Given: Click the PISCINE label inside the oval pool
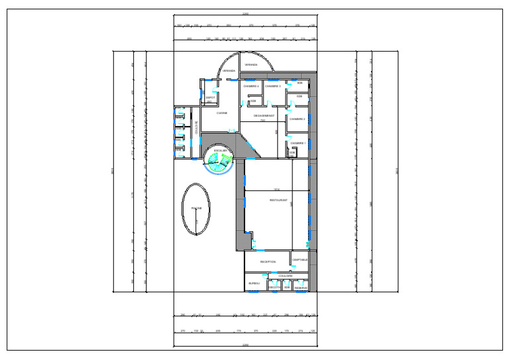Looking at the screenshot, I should (196, 208).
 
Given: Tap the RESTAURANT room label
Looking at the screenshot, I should (278, 200).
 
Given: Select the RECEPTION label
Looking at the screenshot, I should (268, 262).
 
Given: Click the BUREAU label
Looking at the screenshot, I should (254, 283).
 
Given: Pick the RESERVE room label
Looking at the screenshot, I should (300, 288).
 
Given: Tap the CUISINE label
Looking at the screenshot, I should (221, 113).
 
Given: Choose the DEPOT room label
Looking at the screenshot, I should (210, 97).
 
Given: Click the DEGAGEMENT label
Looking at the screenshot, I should (262, 115).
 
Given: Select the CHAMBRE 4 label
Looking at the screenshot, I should (251, 86).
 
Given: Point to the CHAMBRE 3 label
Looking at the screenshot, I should (272, 86).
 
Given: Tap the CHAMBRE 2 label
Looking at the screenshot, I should (297, 119).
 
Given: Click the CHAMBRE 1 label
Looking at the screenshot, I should (298, 143).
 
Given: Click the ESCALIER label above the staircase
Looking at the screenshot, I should (221, 150).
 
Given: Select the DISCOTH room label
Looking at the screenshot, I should (274, 288).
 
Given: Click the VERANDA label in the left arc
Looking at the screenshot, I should (229, 70).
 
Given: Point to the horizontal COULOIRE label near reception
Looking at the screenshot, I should (286, 276).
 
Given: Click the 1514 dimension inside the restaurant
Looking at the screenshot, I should (277, 190).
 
